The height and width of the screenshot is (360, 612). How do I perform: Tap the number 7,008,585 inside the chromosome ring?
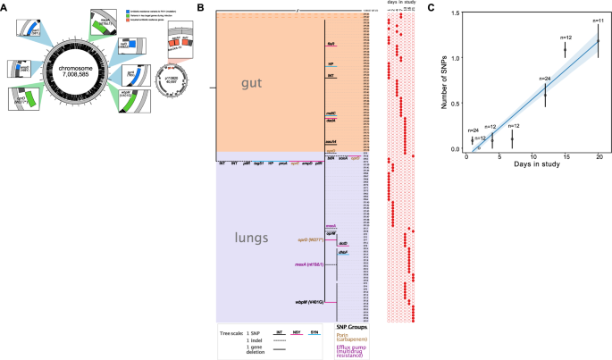coord(86,77)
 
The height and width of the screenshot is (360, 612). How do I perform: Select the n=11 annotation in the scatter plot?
coord(598,20)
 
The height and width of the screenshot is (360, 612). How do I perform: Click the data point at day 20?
coord(598,41)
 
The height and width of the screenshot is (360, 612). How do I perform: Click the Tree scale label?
coord(232,333)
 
